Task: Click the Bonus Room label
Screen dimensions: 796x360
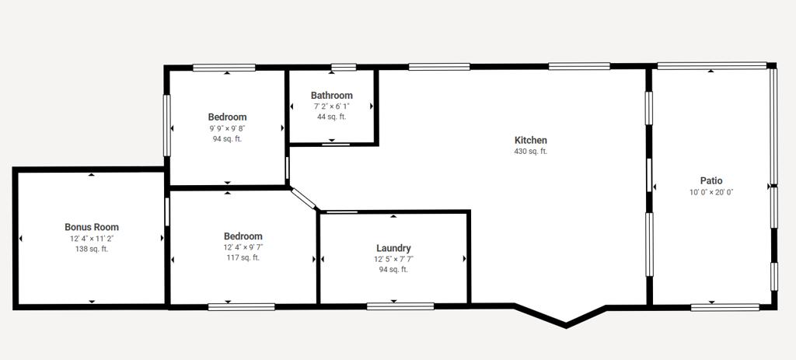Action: [92, 227]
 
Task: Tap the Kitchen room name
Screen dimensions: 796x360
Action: [530, 140]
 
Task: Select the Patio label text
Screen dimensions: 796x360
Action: [711, 180]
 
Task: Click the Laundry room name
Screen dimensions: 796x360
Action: [393, 248]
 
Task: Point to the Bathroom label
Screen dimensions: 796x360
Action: [331, 95]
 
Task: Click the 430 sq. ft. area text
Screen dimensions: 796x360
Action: [530, 152]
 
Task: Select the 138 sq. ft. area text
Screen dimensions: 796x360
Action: [92, 249]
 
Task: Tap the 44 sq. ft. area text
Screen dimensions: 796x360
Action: [331, 117]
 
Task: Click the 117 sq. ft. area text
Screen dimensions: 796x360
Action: [243, 257]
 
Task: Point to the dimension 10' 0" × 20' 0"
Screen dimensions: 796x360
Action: [711, 192]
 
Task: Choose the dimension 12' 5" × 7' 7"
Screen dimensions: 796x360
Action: [393, 259]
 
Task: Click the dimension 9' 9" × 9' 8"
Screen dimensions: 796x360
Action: [227, 128]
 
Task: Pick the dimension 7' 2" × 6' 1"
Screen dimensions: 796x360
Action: [331, 106]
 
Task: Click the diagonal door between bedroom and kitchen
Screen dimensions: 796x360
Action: [304, 198]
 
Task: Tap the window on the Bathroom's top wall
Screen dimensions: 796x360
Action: [344, 67]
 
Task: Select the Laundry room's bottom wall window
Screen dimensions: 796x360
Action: [400, 306]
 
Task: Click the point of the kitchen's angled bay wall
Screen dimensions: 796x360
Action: [566, 324]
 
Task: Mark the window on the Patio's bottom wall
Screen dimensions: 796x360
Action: [725, 306]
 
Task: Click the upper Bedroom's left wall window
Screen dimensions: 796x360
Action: [166, 125]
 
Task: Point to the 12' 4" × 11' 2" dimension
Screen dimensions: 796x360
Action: [92, 239]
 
